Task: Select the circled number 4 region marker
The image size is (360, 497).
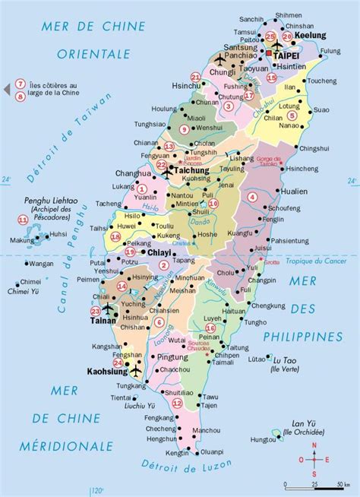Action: (251, 196)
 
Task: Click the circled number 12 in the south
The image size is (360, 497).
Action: (177, 404)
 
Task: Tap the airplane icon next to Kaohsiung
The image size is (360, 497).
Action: (136, 372)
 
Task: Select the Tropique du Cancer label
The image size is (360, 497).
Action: (311, 261)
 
